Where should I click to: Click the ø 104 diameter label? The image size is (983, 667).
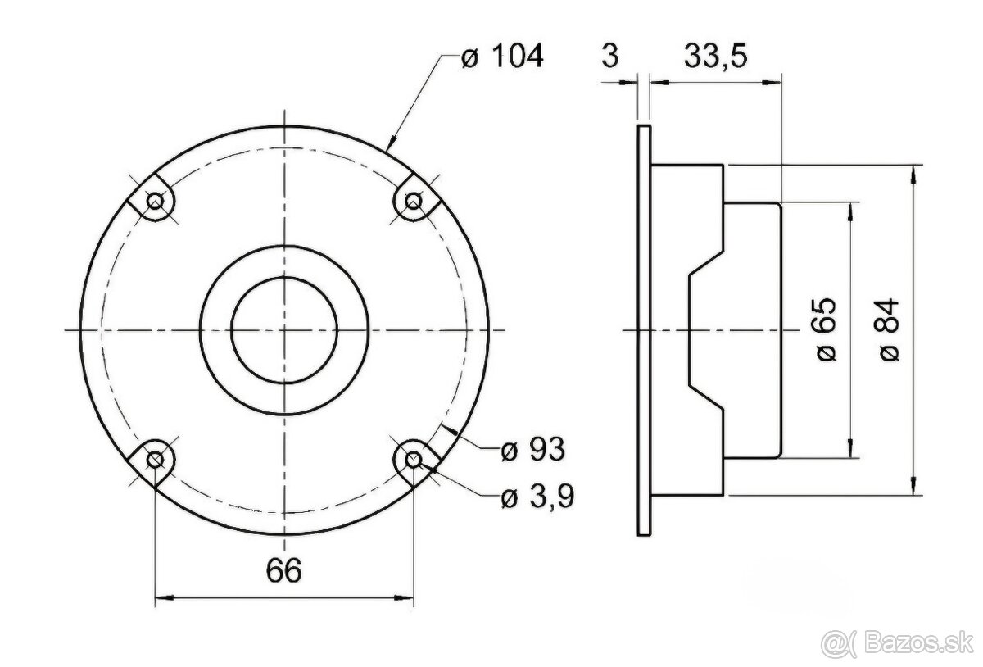pos(502,57)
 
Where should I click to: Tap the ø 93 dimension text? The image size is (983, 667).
pos(532,449)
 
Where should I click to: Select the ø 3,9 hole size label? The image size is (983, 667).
pos(537,497)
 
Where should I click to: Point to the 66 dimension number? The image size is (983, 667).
pos(283,569)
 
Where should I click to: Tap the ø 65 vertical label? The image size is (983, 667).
pos(827,329)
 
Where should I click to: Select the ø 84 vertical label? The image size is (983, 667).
pos(891,329)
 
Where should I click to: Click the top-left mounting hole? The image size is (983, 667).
pos(155,200)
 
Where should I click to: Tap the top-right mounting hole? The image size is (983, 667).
pos(414,200)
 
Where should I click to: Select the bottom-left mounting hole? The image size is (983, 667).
pos(155,459)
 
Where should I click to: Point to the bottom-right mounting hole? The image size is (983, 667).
pos(414,459)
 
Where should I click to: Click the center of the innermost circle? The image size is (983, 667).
pos(284,329)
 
